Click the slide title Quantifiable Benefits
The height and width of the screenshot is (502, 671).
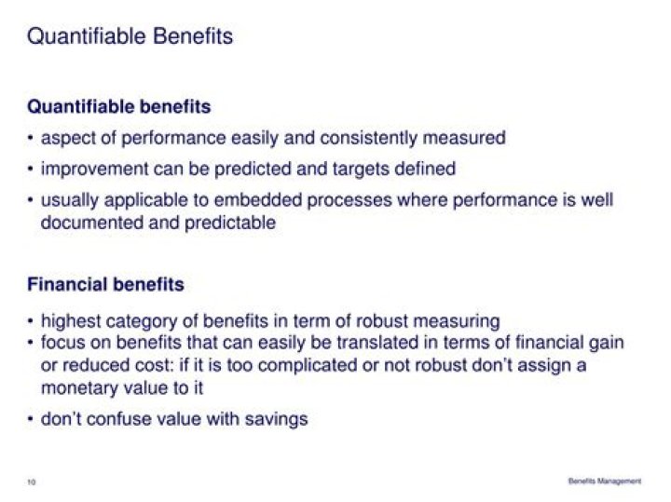click(130, 36)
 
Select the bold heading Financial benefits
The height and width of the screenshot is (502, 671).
click(105, 284)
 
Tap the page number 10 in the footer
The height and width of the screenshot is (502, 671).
click(32, 482)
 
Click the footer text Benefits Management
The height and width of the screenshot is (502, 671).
click(605, 481)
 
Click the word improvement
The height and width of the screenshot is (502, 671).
click(95, 170)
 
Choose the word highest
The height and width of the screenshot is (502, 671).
click(73, 321)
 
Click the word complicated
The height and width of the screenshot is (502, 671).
click(303, 365)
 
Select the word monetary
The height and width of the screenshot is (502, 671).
click(78, 387)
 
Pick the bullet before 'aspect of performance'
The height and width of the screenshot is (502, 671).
click(31, 139)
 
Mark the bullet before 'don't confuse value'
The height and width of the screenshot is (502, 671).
click(31, 420)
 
